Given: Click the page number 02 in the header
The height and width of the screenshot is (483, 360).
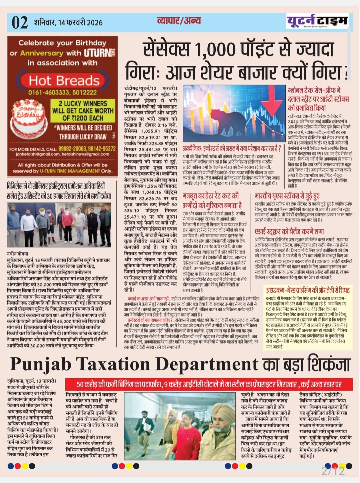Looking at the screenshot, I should (x=19, y=22).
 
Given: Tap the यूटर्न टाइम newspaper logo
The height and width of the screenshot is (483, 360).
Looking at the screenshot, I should (x=317, y=21).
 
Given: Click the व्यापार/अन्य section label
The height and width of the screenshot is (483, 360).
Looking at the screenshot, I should (x=179, y=21).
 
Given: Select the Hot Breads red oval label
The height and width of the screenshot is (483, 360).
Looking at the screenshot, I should (x=64, y=80).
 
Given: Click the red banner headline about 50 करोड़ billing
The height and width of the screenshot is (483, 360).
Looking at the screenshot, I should (x=209, y=384).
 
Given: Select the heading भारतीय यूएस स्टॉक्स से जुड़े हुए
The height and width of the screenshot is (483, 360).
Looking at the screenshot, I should (x=287, y=196).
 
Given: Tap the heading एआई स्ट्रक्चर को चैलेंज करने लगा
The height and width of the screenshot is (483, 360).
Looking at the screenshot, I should (x=289, y=231).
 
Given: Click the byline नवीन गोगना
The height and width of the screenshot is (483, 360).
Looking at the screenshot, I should (x=18, y=254).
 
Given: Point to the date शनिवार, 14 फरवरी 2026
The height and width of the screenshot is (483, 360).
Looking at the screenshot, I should (x=68, y=23).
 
